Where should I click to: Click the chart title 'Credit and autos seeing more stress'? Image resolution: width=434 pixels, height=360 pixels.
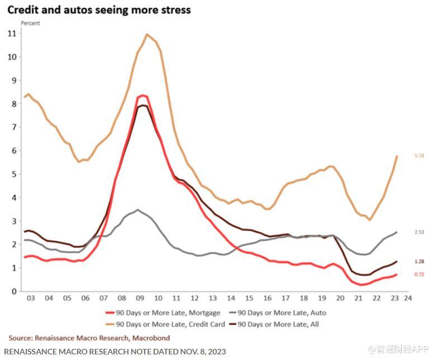(99, 9)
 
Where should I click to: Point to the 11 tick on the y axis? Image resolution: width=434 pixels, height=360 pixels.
(12, 33)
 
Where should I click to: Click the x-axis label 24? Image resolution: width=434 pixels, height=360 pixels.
(408, 299)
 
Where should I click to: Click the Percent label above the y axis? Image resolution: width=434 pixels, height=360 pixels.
(30, 23)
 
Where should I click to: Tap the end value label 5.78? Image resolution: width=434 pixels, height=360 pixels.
(419, 156)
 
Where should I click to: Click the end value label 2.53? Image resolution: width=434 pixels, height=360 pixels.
(419, 232)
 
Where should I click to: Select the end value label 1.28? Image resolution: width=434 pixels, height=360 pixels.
(419, 261)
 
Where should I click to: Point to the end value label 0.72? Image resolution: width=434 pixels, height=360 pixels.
(419, 275)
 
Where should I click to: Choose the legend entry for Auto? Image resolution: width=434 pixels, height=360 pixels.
(282, 313)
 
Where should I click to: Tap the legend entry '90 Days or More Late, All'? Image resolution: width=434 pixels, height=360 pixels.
(278, 324)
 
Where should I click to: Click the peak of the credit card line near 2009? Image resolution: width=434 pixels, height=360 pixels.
(147, 34)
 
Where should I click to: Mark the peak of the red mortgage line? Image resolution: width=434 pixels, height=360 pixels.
(142, 95)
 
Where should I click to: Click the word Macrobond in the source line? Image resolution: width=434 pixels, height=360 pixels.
(151, 338)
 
